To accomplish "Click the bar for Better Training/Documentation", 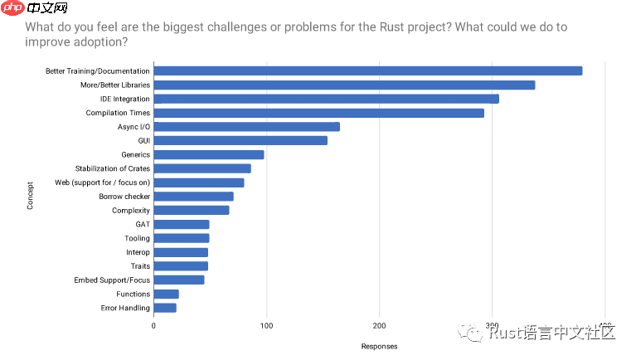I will coord(367,71).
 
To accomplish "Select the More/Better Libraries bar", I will coord(344,85).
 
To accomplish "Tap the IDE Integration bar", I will coord(326,99).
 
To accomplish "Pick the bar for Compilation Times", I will coord(318,113).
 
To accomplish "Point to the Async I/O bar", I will coord(246,127).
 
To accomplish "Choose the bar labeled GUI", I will coord(240,140).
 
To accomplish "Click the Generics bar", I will coord(209,154).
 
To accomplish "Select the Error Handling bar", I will coord(165,308).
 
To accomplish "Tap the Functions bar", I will coord(166,294).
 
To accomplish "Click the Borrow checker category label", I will coord(124,197).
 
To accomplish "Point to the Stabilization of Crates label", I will coord(112,168).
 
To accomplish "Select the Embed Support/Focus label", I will coord(112,280).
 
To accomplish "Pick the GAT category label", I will coord(143,224).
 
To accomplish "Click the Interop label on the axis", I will coord(138,252).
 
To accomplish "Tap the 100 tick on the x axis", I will coord(266,325).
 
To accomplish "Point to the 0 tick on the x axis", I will coord(153,325).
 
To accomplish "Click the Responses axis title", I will coord(379,346).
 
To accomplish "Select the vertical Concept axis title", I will coord(31,196).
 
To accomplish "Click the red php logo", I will coord(12,9).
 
